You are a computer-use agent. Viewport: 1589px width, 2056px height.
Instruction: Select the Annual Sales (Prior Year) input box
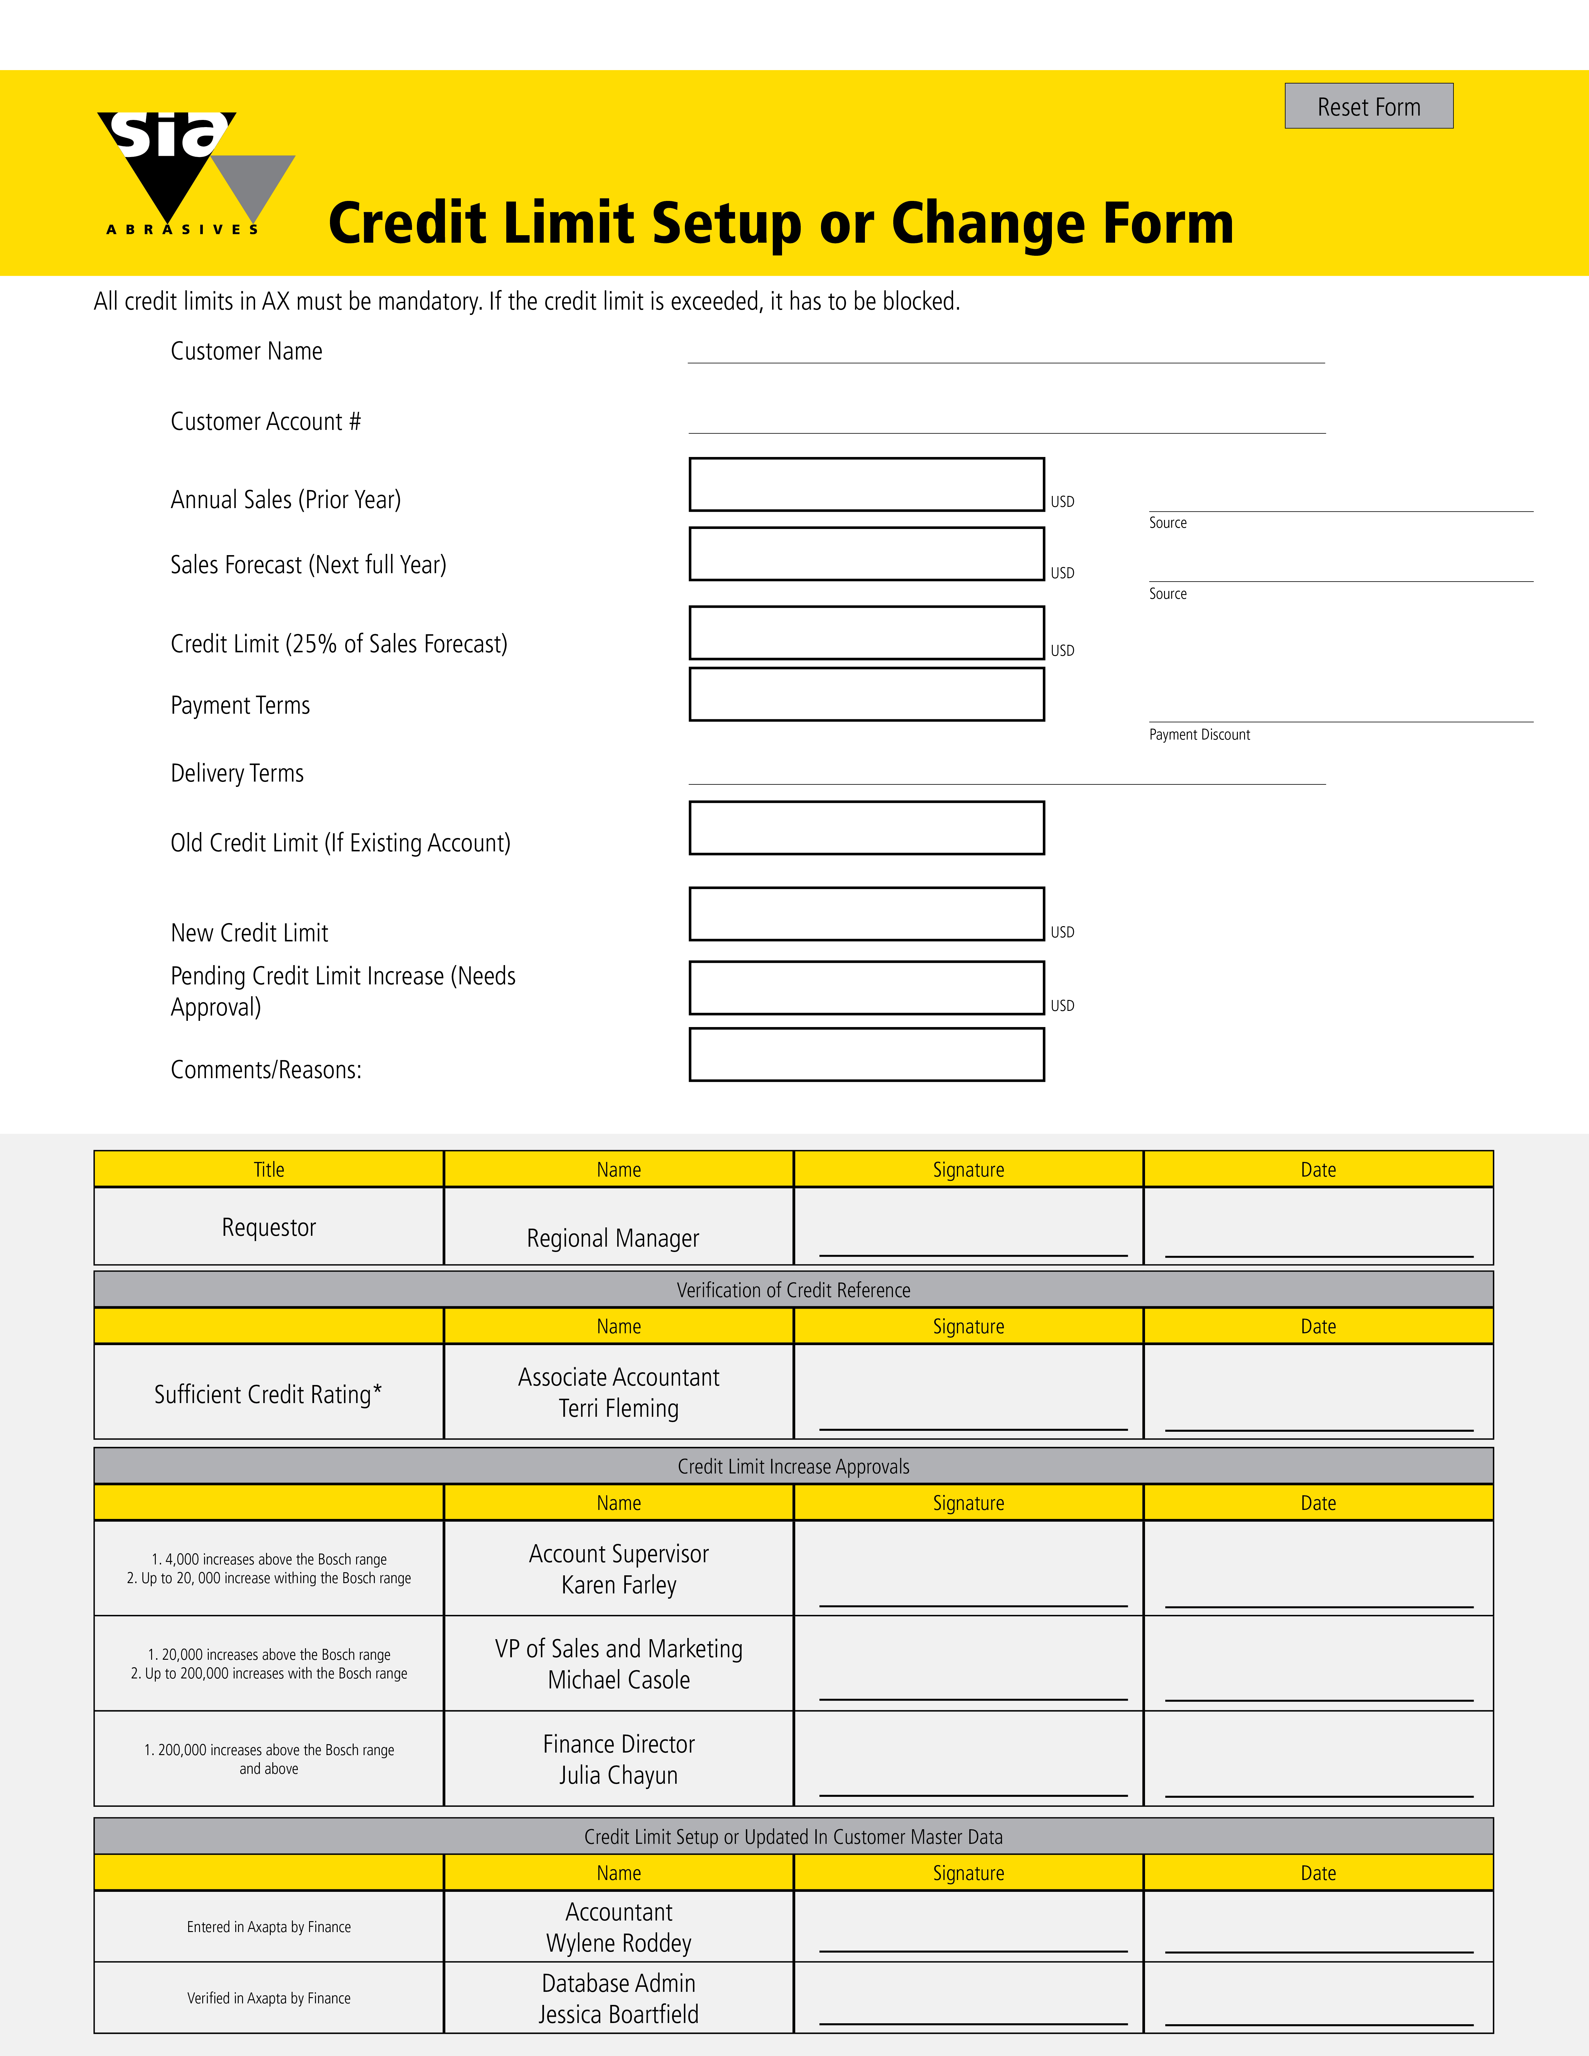pos(866,485)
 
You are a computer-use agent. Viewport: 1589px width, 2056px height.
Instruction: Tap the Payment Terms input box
pos(866,695)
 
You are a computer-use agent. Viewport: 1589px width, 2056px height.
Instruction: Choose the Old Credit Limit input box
pos(866,828)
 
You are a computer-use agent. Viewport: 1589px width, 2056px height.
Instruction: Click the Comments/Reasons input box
pos(866,1054)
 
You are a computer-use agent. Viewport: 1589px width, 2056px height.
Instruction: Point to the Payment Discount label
pos(1199,735)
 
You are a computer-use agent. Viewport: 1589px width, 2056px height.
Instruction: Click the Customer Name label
pos(247,351)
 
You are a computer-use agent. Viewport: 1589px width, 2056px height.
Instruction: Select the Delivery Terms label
pos(237,774)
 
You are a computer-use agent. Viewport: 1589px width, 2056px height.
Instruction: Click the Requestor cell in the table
pos(269,1228)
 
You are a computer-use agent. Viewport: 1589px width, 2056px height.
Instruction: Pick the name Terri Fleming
pos(618,1409)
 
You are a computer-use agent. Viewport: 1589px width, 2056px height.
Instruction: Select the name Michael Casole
pos(618,1680)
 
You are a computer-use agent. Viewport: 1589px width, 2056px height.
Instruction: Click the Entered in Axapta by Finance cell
pos(269,1927)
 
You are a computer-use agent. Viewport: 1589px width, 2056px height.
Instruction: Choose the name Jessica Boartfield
pos(618,2015)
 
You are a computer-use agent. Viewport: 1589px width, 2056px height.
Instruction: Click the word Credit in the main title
pos(407,224)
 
